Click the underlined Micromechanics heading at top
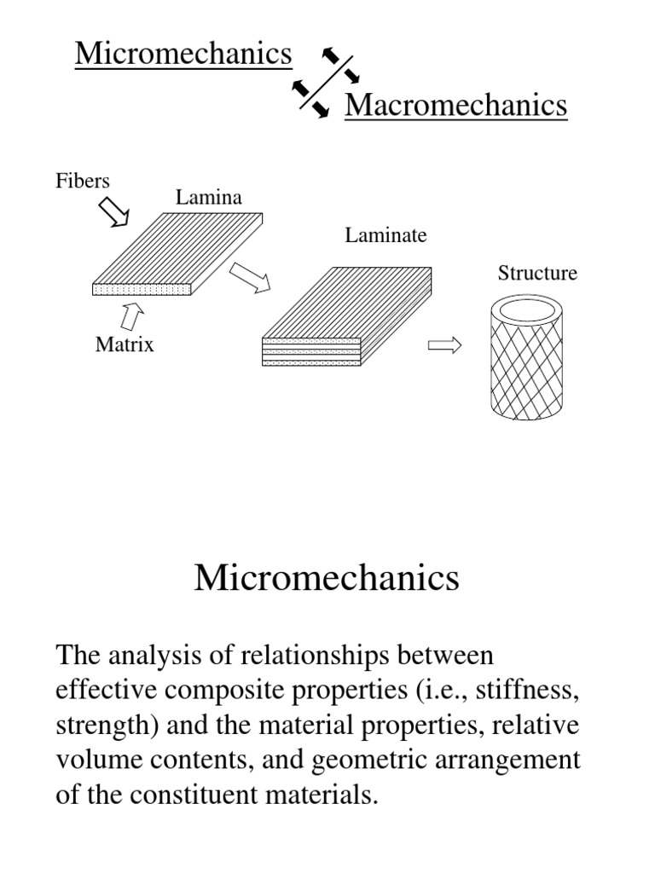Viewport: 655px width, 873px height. (183, 55)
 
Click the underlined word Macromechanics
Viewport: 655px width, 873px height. (455, 106)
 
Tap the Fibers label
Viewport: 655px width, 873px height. (83, 181)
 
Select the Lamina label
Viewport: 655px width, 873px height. (209, 198)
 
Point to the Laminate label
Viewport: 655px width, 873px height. (385, 235)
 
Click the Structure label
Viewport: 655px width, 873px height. (537, 273)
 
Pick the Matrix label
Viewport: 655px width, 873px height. (125, 345)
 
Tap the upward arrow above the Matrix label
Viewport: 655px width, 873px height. (132, 317)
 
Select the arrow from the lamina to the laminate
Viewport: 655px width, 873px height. (249, 276)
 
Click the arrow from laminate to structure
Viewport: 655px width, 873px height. (443, 345)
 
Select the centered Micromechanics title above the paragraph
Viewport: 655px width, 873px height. (327, 578)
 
